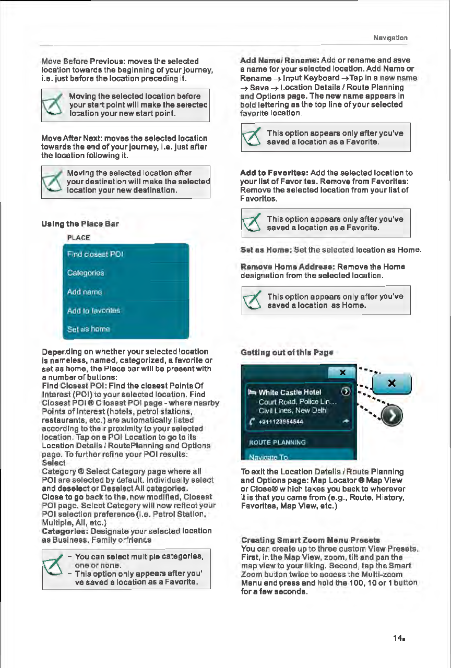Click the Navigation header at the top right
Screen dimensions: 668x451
[x=390, y=38]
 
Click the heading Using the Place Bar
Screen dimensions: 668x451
[x=80, y=224]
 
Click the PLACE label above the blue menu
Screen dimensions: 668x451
[x=78, y=237]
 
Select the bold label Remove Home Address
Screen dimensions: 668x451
[x=288, y=266]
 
